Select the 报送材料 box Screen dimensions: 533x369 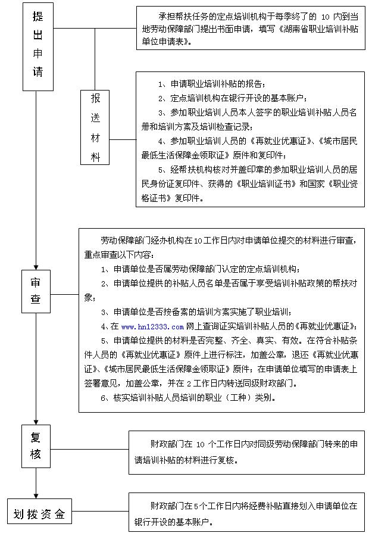[95, 127]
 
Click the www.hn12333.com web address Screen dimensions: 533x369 [152, 326]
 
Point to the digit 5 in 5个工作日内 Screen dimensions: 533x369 [198, 506]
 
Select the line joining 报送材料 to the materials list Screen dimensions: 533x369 [123, 139]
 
